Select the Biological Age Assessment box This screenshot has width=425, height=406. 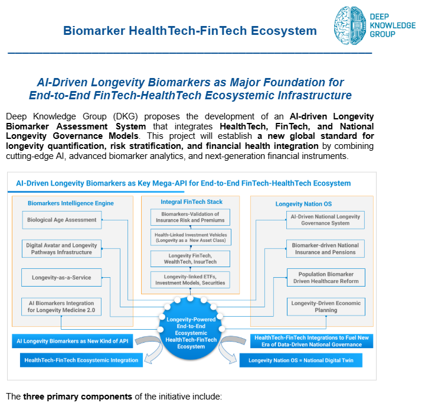click(x=61, y=220)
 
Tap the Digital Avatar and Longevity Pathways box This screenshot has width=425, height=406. click(x=61, y=248)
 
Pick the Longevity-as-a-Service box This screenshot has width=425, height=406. click(x=61, y=276)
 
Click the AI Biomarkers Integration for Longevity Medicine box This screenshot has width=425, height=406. click(x=61, y=306)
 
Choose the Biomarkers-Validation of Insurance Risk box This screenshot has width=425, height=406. click(x=190, y=217)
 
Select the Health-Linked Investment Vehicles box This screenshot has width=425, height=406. click(x=190, y=238)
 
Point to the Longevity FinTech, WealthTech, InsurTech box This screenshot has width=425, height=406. click(x=190, y=258)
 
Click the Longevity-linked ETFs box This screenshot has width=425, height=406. click(x=190, y=279)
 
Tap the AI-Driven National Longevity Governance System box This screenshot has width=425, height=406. click(x=325, y=220)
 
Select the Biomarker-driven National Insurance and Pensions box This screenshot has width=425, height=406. click(x=325, y=248)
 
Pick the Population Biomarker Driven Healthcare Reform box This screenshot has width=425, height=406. click(x=325, y=277)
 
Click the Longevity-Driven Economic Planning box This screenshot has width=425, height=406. click(x=325, y=306)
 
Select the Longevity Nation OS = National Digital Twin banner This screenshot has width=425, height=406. click(x=301, y=360)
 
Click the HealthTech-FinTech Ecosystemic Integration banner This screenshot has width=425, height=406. click(x=81, y=360)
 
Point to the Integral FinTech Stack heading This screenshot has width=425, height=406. click(x=190, y=202)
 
